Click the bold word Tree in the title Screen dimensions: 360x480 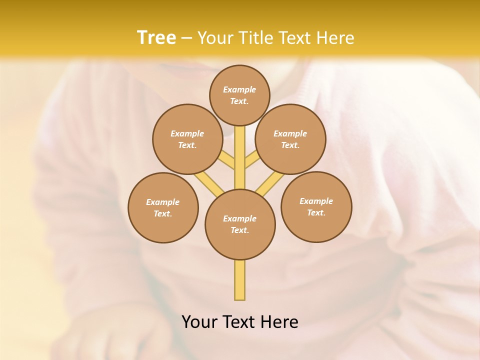pos(156,37)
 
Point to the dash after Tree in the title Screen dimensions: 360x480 pos(186,38)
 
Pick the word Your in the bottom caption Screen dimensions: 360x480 pos(200,322)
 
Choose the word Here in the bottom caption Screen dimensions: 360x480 pos(280,322)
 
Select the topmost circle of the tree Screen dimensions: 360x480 pos(239,95)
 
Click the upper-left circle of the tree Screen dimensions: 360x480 pos(187,139)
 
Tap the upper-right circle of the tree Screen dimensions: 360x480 pos(290,139)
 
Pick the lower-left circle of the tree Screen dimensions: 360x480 pos(163,207)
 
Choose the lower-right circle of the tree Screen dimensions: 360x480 pos(316,206)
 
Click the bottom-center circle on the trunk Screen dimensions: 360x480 pos(240,224)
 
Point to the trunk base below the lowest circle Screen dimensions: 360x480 pos(240,280)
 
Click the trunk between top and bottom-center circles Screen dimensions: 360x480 pos(240,157)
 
